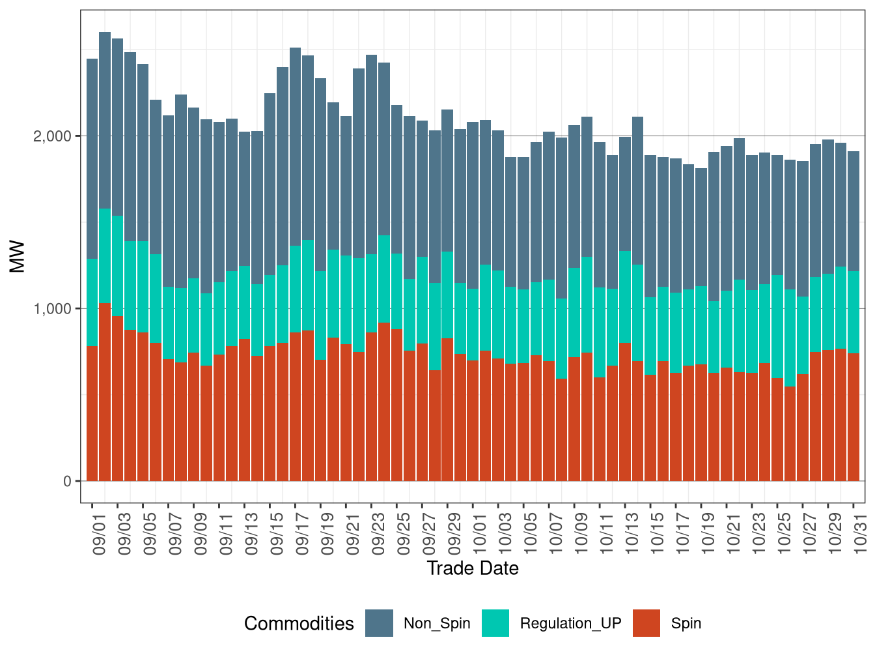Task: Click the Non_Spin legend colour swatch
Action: pyautogui.click(x=379, y=623)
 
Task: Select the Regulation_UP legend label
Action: pyautogui.click(x=570, y=624)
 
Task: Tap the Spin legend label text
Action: pyautogui.click(x=686, y=624)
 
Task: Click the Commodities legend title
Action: pyautogui.click(x=299, y=624)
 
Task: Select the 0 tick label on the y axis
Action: pyautogui.click(x=68, y=482)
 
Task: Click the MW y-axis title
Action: pyautogui.click(x=18, y=257)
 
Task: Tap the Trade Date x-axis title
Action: pyautogui.click(x=473, y=568)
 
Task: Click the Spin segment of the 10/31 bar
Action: pyautogui.click(x=854, y=417)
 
